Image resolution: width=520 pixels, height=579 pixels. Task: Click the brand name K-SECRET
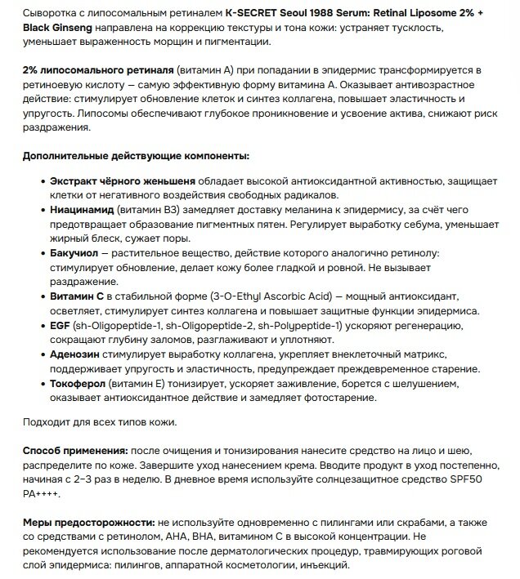pos(253,14)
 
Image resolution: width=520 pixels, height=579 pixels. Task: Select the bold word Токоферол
pos(78,383)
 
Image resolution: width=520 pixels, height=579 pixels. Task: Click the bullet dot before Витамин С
pos(42,296)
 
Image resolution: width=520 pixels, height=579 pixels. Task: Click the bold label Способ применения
pos(74,452)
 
